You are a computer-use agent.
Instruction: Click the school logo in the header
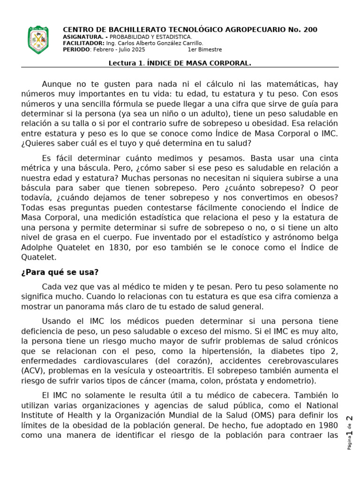click(38, 40)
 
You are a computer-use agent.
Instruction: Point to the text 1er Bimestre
click(205, 50)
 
